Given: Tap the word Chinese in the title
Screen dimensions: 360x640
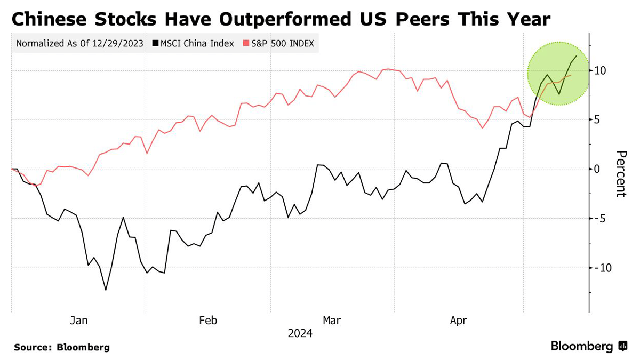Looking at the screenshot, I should pos(52,19).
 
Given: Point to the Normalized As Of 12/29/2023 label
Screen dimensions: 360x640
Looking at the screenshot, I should pos(79,44).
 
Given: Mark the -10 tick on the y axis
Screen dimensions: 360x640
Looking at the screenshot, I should pos(603,267).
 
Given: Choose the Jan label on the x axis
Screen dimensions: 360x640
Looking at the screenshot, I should pos(79,321).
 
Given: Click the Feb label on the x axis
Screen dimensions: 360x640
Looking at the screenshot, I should pos(208,321).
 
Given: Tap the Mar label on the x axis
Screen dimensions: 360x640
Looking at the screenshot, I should pos(332,321).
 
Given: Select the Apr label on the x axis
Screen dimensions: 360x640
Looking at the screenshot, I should pos(458,321).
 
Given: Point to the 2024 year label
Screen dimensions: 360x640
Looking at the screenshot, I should pos(300,334).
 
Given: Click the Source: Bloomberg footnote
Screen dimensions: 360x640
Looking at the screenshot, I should pos(62,347).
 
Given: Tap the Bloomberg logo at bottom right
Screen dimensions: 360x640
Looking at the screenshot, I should pos(589,347).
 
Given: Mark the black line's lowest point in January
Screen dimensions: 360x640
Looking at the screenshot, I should pos(106,290).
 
